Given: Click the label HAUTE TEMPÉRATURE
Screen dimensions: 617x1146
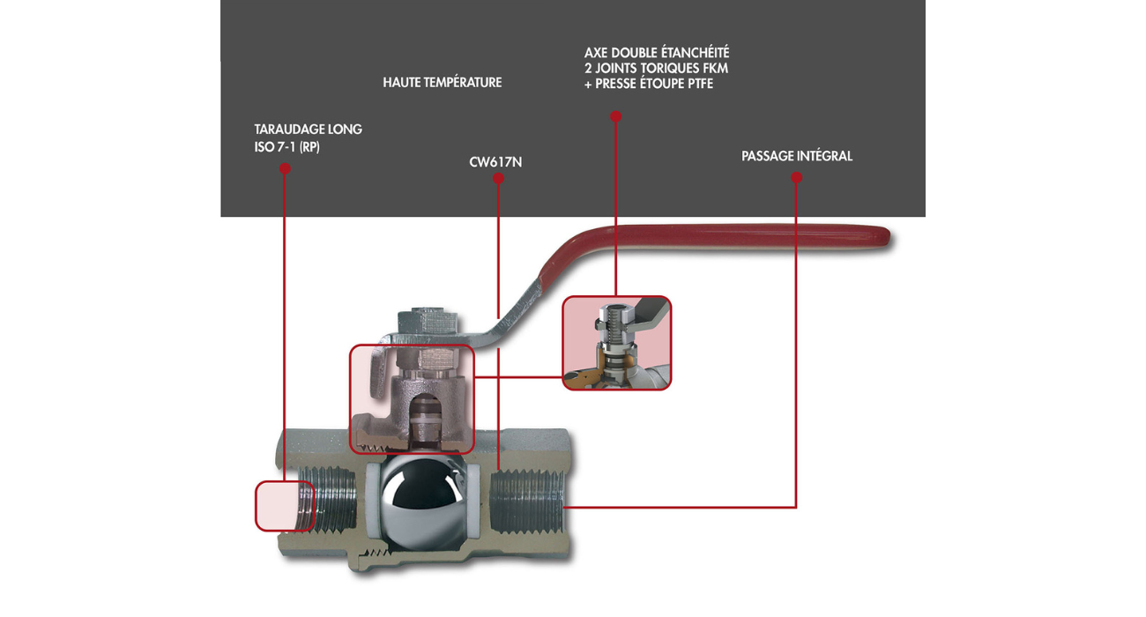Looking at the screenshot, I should [442, 83].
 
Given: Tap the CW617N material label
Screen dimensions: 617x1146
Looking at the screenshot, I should [495, 162].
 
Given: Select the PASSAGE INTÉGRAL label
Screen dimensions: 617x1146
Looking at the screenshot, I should [796, 156].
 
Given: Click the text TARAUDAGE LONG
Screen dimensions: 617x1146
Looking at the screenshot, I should [308, 130].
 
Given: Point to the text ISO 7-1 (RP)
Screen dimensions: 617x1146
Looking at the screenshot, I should [286, 147].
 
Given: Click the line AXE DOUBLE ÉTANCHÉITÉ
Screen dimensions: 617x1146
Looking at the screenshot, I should [657, 53].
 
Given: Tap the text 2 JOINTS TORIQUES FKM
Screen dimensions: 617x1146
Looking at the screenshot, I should [656, 69].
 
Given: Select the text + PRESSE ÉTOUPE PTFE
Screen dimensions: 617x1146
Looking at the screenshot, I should [648, 85].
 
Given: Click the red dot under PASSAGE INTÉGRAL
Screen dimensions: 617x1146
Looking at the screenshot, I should [796, 178].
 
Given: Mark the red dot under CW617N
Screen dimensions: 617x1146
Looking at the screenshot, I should [498, 178].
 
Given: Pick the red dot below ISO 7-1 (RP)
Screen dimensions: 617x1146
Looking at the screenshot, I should [285, 167].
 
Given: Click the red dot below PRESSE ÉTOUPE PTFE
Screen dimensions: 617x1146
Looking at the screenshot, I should [616, 116].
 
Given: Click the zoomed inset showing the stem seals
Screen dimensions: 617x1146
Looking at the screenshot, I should [616, 343].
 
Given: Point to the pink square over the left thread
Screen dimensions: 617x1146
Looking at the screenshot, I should [284, 506].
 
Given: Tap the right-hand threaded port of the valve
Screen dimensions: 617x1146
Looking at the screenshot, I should [527, 507].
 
